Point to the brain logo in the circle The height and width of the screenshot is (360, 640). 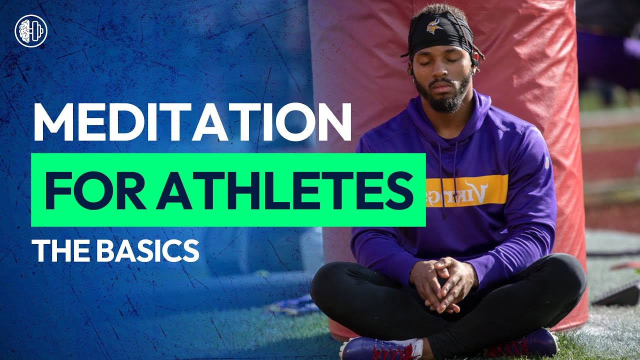(x=31, y=31)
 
